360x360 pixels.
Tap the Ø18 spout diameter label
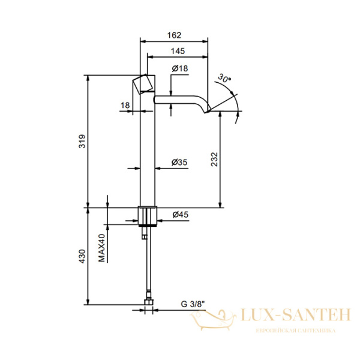pyautogui.click(x=180, y=70)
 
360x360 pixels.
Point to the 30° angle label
pyautogui.click(x=224, y=79)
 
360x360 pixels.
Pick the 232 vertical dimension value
pyautogui.click(x=214, y=160)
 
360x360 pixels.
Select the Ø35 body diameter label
pyautogui.click(x=180, y=162)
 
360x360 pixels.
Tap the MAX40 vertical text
pyautogui.click(x=102, y=248)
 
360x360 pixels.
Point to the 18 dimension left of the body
pyautogui.click(x=125, y=106)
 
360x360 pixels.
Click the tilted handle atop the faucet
pyautogui.click(x=143, y=85)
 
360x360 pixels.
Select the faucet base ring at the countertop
pyautogui.click(x=148, y=215)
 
